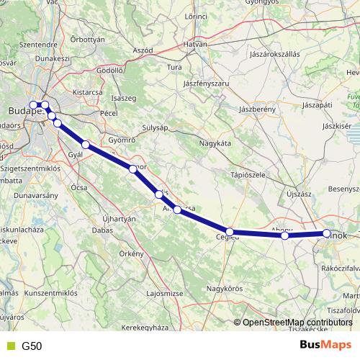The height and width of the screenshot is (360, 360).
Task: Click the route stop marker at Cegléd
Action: point(230,233)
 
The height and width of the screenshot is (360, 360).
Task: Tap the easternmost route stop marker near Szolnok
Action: point(326,233)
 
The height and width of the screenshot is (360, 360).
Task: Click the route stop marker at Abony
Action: point(285,235)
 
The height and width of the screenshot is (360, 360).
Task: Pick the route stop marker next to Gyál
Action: point(86,145)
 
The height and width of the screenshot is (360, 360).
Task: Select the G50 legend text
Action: point(32,346)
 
